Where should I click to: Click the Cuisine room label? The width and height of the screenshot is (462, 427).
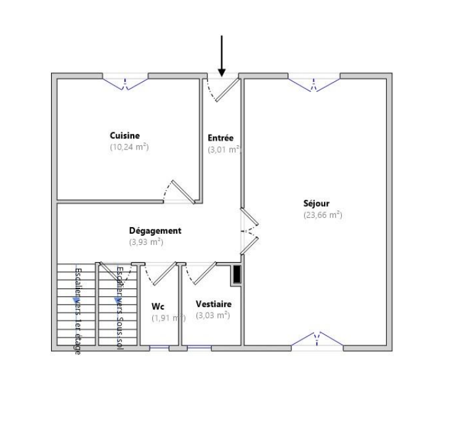tap(125, 135)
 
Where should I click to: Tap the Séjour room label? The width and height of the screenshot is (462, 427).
tap(317, 204)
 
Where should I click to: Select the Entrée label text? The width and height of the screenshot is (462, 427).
tap(221, 138)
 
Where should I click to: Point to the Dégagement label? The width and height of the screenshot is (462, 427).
tap(155, 231)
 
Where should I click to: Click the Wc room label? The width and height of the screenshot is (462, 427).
tap(158, 306)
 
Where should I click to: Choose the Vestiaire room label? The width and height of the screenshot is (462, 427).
tap(213, 304)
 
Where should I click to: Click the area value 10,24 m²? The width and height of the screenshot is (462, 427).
tap(129, 147)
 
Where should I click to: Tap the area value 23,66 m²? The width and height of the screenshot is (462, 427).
tap(322, 215)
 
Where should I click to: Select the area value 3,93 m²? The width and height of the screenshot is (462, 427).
tap(146, 242)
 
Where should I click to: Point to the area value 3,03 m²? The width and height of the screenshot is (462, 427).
tap(213, 315)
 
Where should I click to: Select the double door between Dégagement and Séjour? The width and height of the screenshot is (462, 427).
tap(249, 231)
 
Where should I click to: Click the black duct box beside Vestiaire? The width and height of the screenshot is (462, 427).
tap(237, 274)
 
